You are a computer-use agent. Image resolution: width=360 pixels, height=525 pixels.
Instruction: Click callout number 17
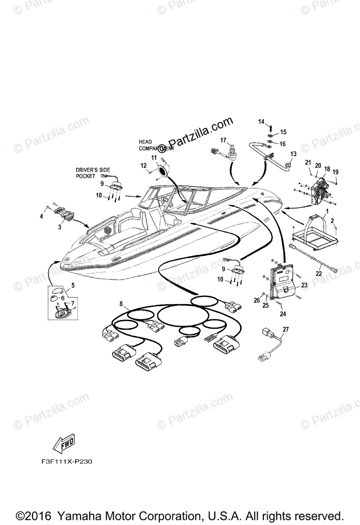tap(223, 140)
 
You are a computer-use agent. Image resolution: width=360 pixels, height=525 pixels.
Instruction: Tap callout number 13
tap(293, 154)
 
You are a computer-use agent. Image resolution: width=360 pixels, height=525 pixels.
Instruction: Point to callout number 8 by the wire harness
tap(121, 303)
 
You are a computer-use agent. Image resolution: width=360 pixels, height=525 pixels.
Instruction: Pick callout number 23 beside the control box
tap(304, 285)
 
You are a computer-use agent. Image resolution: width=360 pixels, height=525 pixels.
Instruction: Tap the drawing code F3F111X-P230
tap(65, 461)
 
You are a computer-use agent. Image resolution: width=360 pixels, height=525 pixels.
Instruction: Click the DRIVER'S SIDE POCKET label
tap(93, 172)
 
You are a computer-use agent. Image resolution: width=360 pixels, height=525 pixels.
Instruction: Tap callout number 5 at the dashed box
tap(73, 285)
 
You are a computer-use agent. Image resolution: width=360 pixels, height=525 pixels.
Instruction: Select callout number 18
tap(327, 168)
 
